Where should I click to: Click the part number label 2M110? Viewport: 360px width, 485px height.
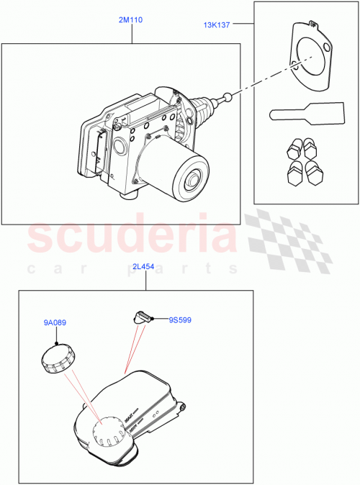point(132,20)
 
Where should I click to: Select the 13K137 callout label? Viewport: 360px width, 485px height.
point(217,25)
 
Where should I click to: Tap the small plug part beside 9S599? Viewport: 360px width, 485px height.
point(141,316)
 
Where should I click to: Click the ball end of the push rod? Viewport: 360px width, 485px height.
point(228,96)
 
